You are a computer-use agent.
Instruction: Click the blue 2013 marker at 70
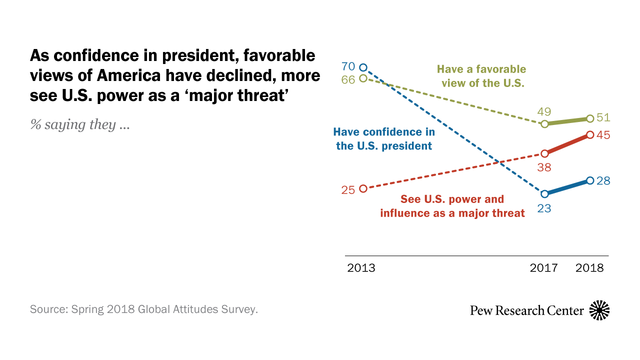363,67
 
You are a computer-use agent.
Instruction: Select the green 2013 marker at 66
363,78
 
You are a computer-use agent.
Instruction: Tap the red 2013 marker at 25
363,188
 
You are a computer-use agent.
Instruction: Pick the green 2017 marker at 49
545,123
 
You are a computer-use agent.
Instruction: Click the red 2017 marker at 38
545,153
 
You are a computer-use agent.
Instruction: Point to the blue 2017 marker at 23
545,193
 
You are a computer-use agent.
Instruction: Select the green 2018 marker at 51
590,118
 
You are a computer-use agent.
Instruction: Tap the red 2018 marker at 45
590,134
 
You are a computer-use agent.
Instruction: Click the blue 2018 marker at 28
590,180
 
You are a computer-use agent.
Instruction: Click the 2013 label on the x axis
361,268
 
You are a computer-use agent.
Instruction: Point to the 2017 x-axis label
543,268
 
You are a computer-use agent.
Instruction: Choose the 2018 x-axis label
589,268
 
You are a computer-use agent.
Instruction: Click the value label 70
348,66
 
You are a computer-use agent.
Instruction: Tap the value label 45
604,135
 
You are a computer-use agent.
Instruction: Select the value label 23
544,209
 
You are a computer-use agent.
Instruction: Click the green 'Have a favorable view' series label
481,76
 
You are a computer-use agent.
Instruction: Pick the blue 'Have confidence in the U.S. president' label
384,139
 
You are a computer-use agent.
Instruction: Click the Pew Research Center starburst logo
599,310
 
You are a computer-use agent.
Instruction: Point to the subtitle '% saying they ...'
80,124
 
